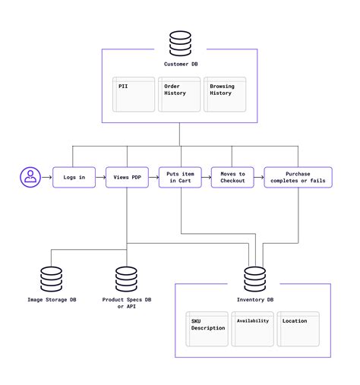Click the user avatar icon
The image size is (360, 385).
tap(30, 177)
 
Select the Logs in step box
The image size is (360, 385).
tap(74, 177)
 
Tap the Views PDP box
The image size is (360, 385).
tap(127, 177)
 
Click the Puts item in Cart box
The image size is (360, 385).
tap(180, 177)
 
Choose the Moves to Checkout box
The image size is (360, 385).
tap(232, 177)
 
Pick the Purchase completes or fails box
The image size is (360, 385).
tap(298, 177)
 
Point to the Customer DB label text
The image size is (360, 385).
tap(180, 64)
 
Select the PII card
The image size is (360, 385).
tap(134, 94)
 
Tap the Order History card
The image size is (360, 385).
tap(180, 94)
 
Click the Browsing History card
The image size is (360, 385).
tap(225, 94)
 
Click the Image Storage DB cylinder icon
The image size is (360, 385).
tap(52, 278)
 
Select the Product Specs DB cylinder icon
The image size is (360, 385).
tap(127, 278)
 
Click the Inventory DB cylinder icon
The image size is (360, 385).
tap(254, 278)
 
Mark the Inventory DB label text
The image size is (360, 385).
tap(254, 299)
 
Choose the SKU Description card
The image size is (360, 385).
tap(208, 328)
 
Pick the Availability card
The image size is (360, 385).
tap(253, 328)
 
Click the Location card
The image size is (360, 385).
tap(298, 328)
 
